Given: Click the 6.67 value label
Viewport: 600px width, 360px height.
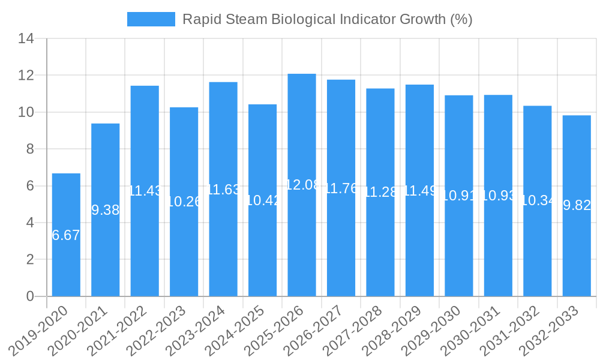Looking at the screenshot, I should pos(66,235).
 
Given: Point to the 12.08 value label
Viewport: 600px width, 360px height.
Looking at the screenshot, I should pos(302,185).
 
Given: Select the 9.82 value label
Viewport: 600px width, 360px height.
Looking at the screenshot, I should pos(577,206).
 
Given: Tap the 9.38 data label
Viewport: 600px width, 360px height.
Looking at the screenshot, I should pos(106,210).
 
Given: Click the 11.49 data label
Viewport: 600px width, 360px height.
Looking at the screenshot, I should pos(419,191).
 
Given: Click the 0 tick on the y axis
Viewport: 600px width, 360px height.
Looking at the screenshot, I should pos(30,296).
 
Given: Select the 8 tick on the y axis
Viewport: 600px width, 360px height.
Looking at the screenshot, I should pos(30,149).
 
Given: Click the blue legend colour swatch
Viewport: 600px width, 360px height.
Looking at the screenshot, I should pos(151,19).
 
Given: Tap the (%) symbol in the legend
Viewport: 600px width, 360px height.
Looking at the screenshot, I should pos(461,19).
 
